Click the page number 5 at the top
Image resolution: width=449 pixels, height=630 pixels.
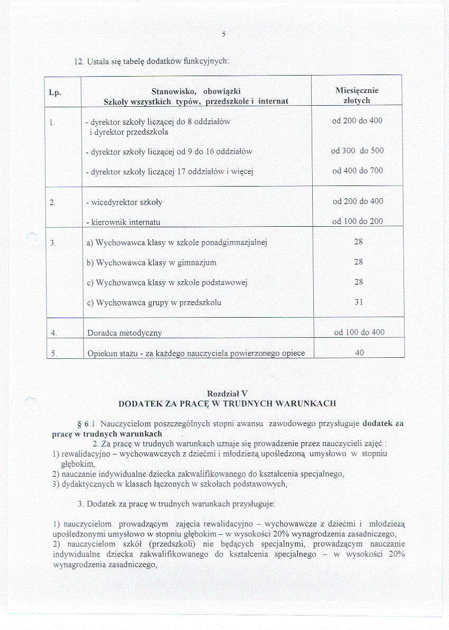[x=223, y=34]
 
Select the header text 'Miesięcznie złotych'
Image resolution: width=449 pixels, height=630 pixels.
[x=359, y=95]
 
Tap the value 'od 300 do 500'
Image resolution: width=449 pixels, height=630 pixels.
[x=357, y=151]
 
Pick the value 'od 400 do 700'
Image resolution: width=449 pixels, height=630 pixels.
[x=357, y=171]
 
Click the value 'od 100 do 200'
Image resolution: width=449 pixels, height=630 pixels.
[x=358, y=221]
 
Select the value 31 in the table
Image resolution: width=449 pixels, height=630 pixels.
[x=359, y=302]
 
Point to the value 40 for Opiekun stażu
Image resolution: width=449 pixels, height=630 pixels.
[x=359, y=353]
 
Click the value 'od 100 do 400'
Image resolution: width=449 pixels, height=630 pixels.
[x=359, y=332]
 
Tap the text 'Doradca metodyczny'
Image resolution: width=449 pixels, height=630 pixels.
[x=124, y=333]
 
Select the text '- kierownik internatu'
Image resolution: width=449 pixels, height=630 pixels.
[x=123, y=223]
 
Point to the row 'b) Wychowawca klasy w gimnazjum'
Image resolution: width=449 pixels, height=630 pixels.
[x=151, y=262]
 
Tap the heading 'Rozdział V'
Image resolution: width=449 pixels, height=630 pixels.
[x=227, y=393]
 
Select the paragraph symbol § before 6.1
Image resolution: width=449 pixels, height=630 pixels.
[x=79, y=424]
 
